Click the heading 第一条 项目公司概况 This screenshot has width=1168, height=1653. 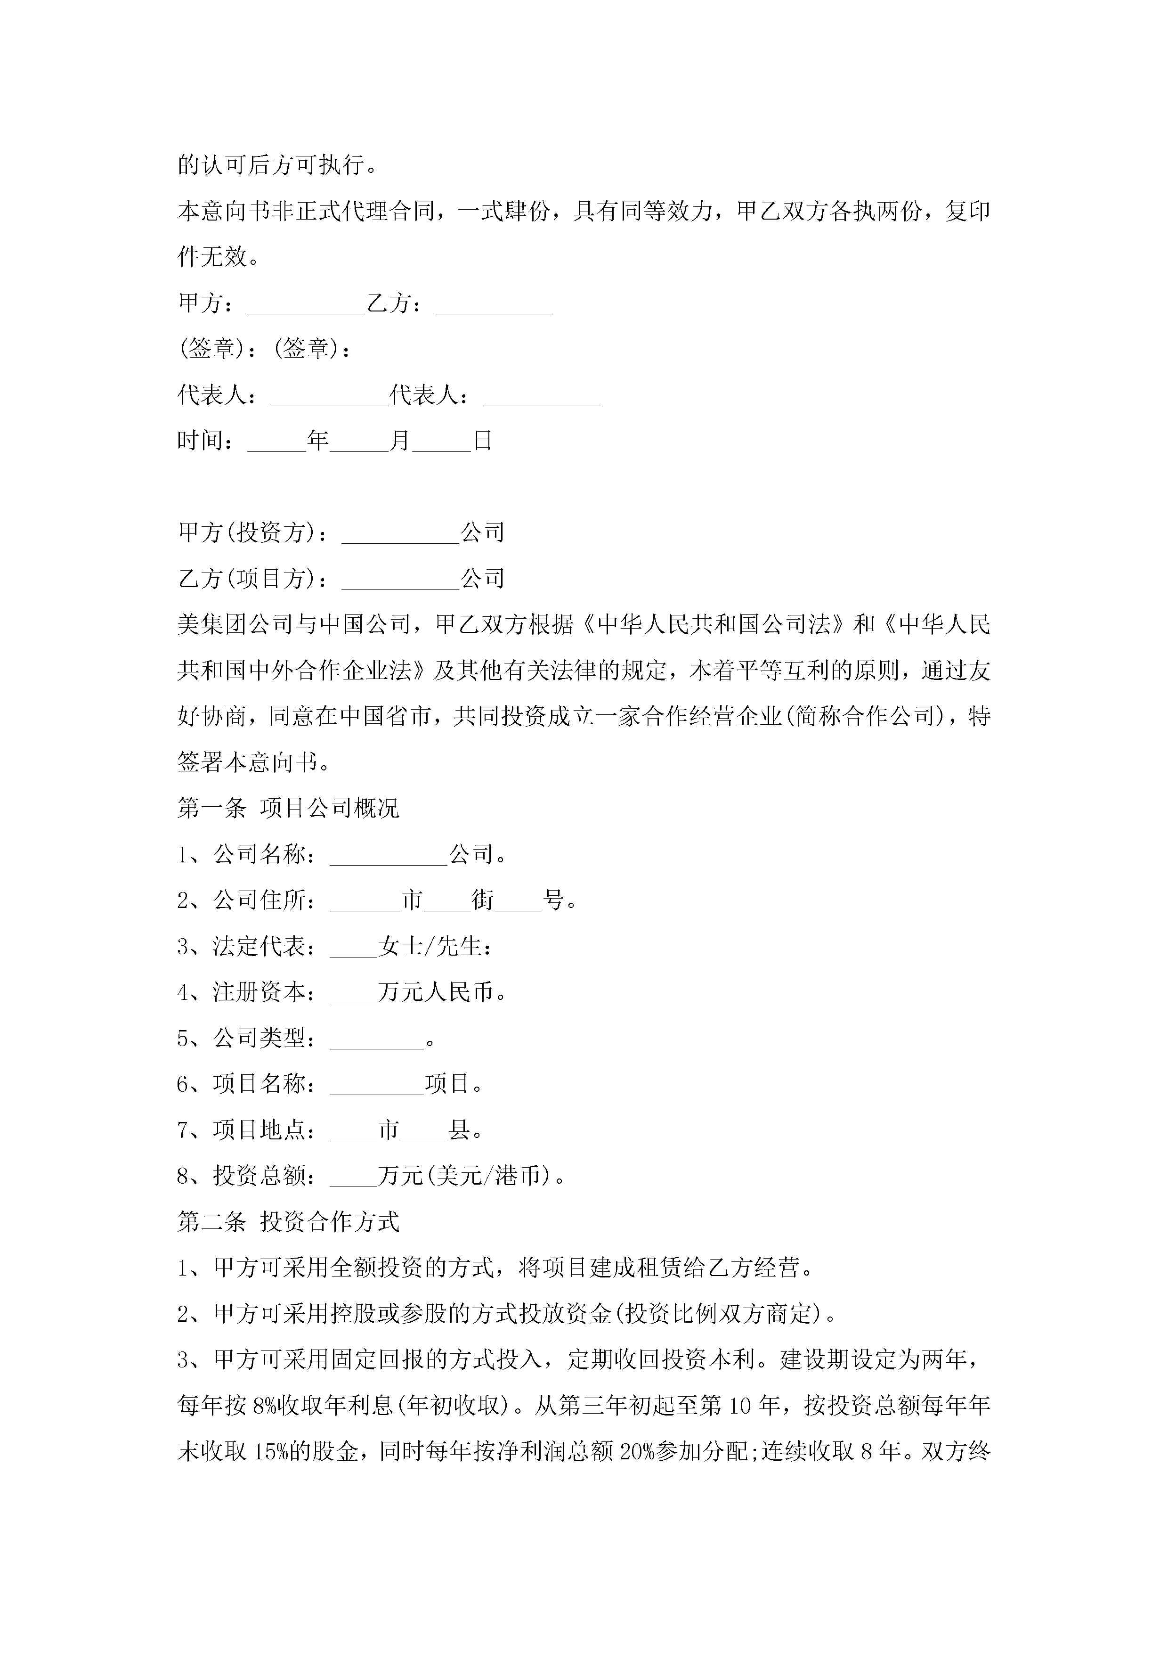(288, 809)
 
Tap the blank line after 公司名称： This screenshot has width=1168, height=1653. (389, 857)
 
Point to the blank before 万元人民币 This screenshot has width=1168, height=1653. (353, 994)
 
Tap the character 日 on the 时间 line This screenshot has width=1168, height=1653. (482, 441)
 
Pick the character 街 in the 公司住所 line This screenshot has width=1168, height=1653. (483, 900)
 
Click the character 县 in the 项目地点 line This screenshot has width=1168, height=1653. (460, 1130)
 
